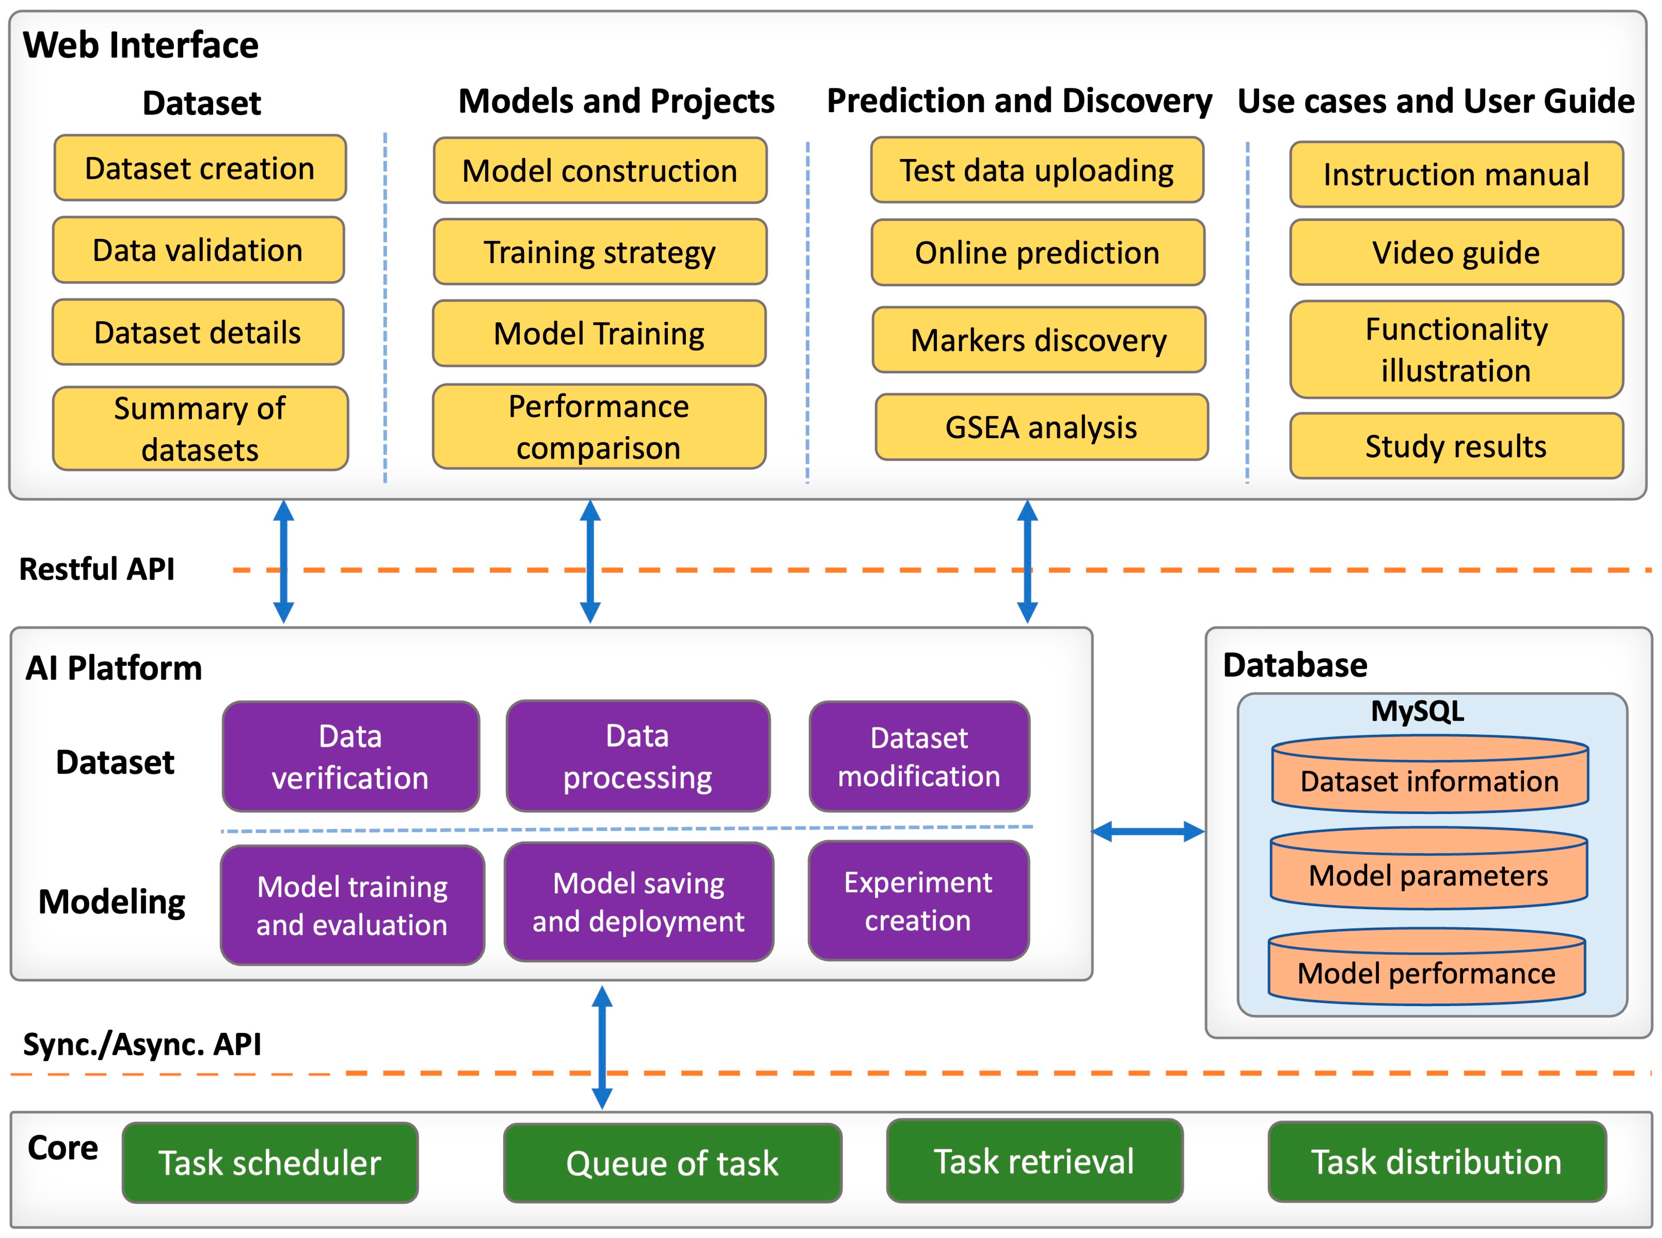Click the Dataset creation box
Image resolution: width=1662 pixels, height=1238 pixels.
tap(200, 168)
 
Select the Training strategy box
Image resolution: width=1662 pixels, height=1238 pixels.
tap(600, 252)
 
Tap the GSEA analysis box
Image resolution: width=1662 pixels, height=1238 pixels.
tap(1041, 427)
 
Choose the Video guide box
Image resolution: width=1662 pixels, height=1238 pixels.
tap(1456, 253)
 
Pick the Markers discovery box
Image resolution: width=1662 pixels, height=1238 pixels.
tap(1039, 339)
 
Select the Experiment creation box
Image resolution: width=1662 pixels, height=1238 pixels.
tap(918, 901)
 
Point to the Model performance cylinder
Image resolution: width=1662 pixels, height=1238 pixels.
tap(1427, 967)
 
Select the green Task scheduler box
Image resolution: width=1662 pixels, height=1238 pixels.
tap(270, 1162)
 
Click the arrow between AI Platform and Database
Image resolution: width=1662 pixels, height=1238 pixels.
tap(1148, 831)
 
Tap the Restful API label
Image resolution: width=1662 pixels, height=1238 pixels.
tap(97, 569)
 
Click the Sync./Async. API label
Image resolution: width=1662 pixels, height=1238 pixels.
tap(143, 1044)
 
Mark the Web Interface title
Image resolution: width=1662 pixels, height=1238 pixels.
tap(141, 45)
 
